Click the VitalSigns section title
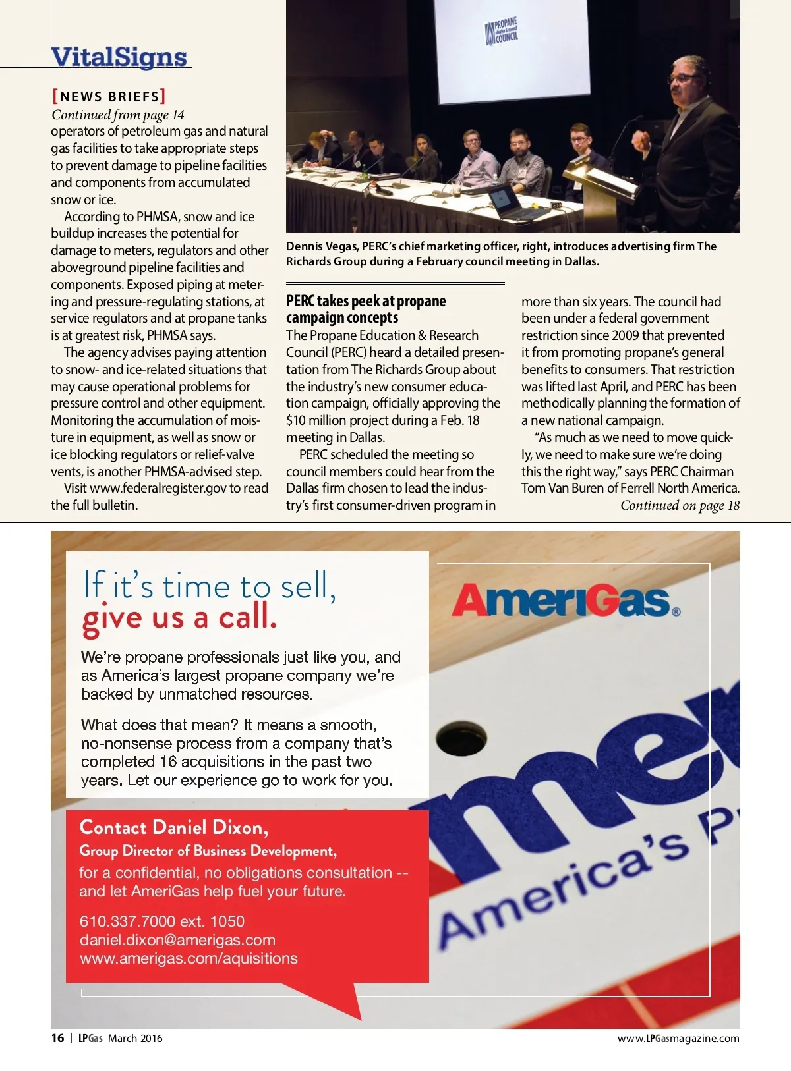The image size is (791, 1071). [x=119, y=57]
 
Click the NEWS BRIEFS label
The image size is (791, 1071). [x=109, y=97]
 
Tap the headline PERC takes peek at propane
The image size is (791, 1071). [x=366, y=302]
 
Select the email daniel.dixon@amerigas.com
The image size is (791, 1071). [x=177, y=940]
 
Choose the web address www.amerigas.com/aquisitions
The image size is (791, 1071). [x=189, y=958]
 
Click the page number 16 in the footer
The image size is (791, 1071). [x=58, y=1038]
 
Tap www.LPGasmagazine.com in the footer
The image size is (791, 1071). [x=678, y=1039]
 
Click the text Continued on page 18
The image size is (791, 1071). [x=680, y=506]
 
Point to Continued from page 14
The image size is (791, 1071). [x=118, y=115]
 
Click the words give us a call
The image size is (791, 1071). [x=179, y=618]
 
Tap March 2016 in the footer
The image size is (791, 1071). [x=135, y=1039]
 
